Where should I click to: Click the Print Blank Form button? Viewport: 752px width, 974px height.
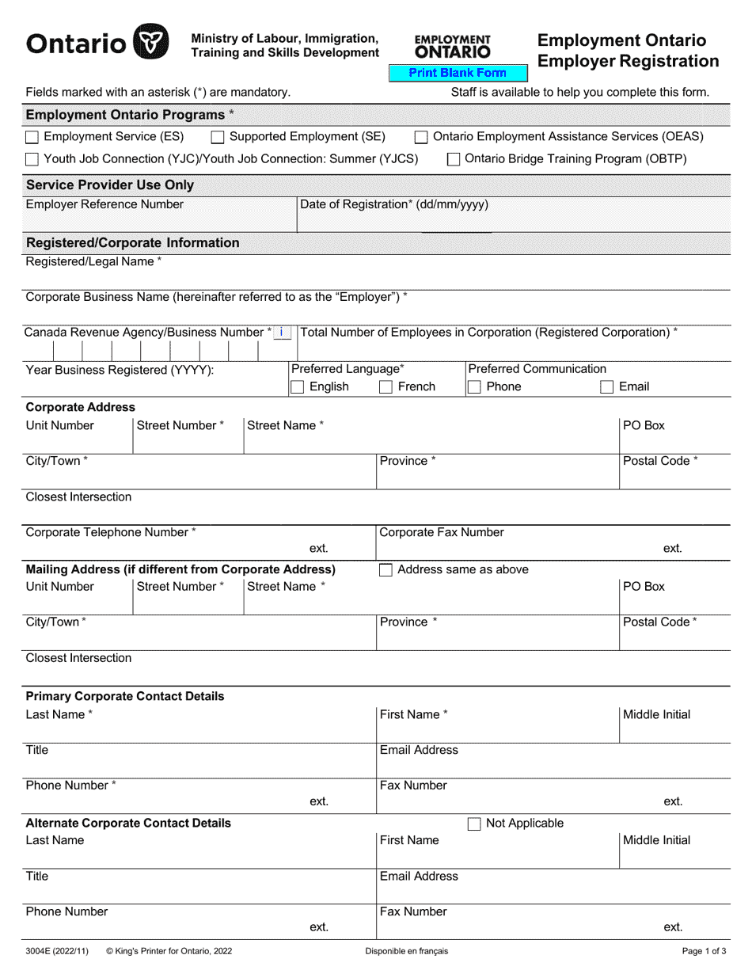(x=458, y=73)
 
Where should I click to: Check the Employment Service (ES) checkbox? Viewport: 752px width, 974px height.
(x=32, y=137)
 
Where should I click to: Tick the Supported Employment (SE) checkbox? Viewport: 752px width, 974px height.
(x=218, y=137)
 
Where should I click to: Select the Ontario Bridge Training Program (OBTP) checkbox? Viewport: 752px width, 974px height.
(x=454, y=159)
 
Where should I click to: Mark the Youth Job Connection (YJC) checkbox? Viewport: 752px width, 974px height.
(x=32, y=159)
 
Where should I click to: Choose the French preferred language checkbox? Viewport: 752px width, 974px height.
(x=386, y=387)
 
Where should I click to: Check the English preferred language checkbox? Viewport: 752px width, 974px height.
(x=298, y=387)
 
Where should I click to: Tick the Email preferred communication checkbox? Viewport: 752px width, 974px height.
(x=607, y=387)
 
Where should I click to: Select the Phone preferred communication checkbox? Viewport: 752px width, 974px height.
(x=475, y=387)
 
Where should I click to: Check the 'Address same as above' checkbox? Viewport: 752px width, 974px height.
(x=386, y=570)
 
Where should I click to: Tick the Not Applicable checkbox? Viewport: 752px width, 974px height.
(x=475, y=824)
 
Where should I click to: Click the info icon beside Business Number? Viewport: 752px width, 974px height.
(x=282, y=333)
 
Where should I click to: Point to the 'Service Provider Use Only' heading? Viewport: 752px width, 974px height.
(x=110, y=185)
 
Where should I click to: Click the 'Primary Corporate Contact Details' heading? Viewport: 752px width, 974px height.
(x=125, y=697)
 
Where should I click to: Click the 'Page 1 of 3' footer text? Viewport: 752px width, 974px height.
(x=704, y=952)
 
